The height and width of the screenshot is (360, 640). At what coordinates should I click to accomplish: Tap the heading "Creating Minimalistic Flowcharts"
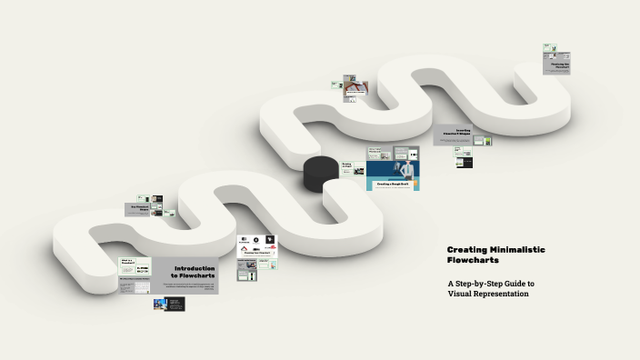[495, 255]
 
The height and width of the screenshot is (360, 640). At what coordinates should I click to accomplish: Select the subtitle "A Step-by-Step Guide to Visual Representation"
[490, 288]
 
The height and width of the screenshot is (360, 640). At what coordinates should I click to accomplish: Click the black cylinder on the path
[320, 173]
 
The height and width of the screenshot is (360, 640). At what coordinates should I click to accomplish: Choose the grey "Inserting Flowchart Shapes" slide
[464, 133]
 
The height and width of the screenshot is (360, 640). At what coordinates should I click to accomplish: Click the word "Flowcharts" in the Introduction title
[193, 275]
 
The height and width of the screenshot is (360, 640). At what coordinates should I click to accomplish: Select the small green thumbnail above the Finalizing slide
[549, 48]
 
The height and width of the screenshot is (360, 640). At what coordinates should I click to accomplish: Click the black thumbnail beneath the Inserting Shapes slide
[465, 163]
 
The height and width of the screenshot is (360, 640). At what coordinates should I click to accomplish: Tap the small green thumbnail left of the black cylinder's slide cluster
[347, 166]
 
